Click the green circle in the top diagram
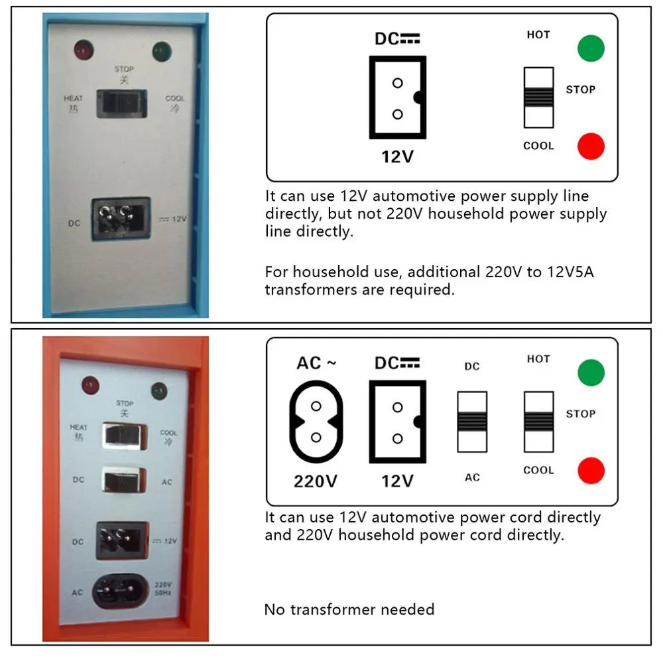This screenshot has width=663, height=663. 591,48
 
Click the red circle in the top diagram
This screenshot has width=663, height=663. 591,147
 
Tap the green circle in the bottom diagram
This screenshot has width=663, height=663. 591,373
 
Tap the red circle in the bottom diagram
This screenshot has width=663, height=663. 591,471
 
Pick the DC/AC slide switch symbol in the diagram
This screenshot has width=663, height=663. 472,422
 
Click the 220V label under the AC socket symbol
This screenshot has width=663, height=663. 316,481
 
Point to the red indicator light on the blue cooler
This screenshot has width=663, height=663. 84,50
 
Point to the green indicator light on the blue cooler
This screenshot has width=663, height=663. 162,52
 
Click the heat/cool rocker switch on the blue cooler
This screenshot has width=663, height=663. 122,103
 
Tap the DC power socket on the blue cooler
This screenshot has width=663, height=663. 121,219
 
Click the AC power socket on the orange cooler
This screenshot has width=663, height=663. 120,591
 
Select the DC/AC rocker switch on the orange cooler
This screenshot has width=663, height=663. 125,480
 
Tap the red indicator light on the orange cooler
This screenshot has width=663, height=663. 90,386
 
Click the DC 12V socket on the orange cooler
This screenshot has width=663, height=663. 123,541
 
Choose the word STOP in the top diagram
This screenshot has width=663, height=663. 581,90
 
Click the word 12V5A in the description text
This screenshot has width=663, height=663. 570,272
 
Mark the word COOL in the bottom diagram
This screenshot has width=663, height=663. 538,470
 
